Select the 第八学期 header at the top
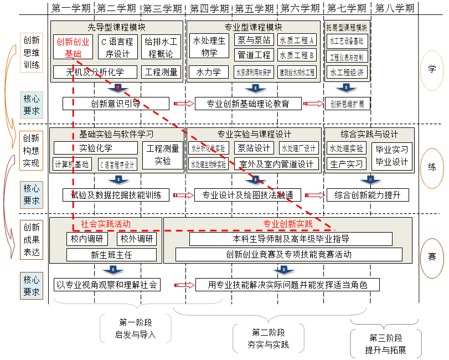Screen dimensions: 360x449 (x=394, y=8)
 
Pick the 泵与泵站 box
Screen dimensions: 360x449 (x=254, y=40)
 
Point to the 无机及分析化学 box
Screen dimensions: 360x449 (x=95, y=72)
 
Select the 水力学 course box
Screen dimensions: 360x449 (x=208, y=72)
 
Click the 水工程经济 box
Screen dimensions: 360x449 (x=347, y=72)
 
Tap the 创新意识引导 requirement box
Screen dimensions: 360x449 (x=116, y=104)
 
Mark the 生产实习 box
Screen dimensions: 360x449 (x=347, y=164)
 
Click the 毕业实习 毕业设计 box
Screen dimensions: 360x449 (x=391, y=156)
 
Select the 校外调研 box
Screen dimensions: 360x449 (x=136, y=239)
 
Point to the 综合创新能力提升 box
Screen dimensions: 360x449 (x=368, y=195)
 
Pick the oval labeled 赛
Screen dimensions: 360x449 (x=432, y=257)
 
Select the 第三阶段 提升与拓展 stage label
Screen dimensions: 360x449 (x=386, y=344)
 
